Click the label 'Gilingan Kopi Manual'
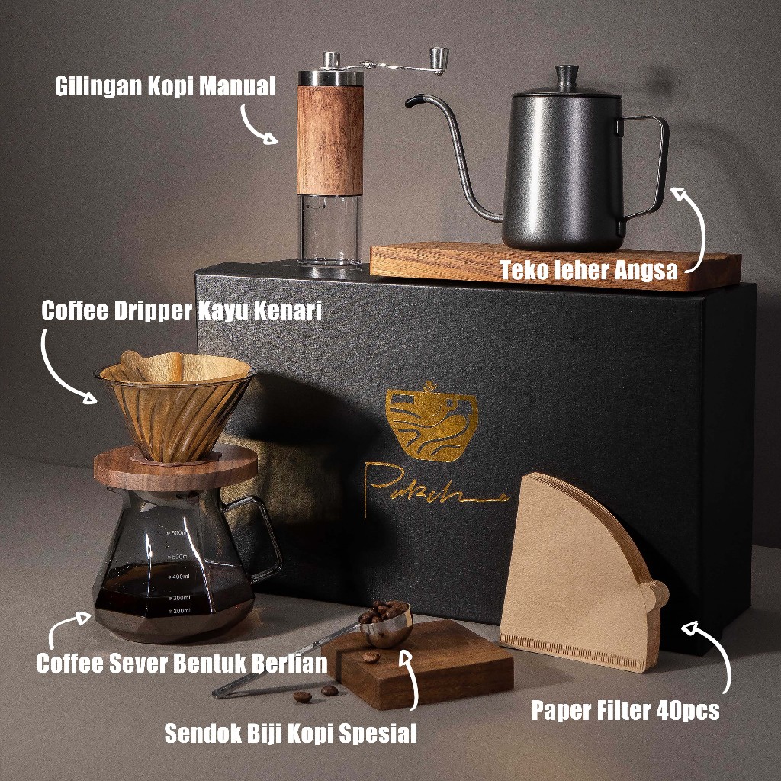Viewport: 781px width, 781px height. (165, 86)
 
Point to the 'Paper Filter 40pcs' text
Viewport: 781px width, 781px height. (625, 711)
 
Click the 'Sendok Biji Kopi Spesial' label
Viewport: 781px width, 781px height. (291, 734)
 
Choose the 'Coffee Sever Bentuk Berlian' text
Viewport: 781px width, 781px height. (182, 662)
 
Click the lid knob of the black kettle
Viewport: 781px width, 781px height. (567, 75)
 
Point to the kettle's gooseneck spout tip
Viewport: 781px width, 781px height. (412, 99)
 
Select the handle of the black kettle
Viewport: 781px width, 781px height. (648, 164)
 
